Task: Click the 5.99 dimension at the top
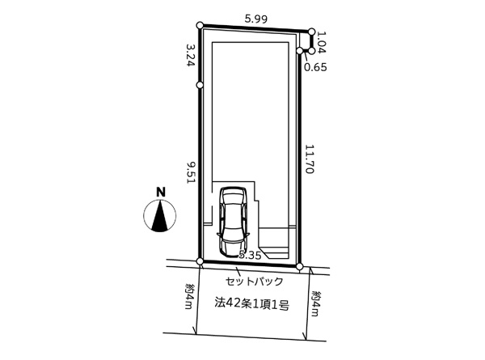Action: tap(255, 19)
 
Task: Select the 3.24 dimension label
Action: tap(190, 54)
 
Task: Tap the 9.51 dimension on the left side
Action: tap(190, 172)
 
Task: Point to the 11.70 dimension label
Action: tap(310, 159)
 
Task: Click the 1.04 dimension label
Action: tap(322, 42)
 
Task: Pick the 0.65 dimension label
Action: tap(315, 67)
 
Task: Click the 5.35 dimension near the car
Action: tap(251, 256)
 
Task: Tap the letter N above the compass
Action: tap(161, 193)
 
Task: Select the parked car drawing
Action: tap(234, 222)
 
